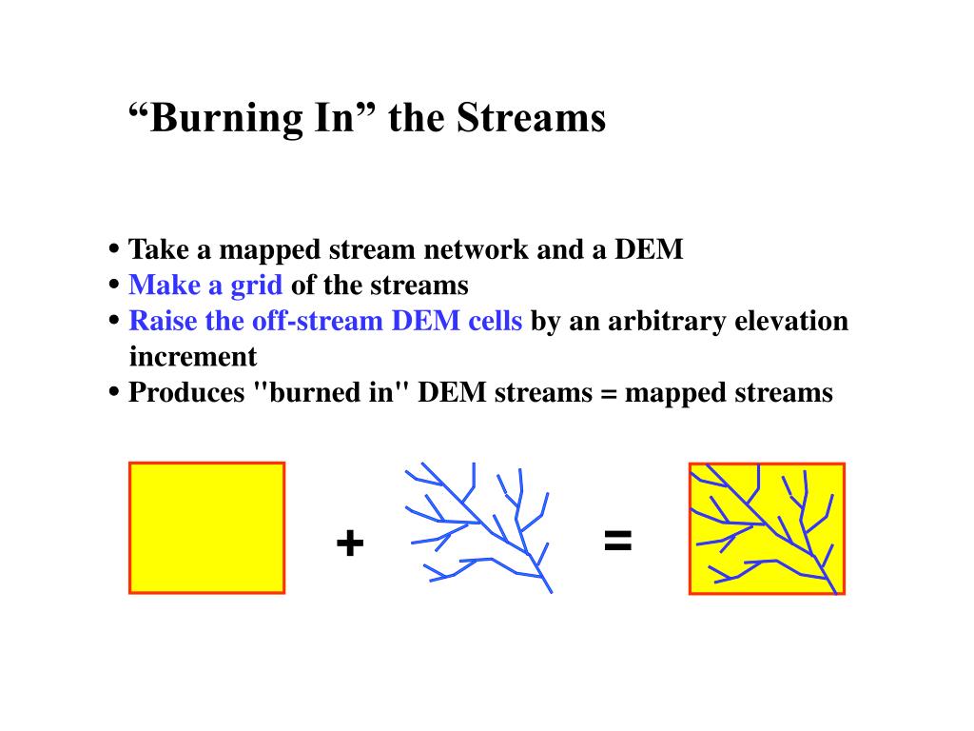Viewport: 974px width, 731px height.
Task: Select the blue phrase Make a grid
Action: [x=205, y=285]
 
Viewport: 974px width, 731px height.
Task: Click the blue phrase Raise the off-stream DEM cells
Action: [x=325, y=321]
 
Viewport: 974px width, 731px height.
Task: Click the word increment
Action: [x=192, y=357]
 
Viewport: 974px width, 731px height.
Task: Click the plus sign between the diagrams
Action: [x=349, y=543]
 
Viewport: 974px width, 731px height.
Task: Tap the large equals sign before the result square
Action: [x=617, y=542]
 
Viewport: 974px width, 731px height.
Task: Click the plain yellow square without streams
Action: [x=206, y=527]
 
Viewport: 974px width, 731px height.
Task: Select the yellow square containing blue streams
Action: [x=767, y=528]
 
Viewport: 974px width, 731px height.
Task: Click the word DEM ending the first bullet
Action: [x=649, y=249]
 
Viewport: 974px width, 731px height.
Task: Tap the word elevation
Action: [x=791, y=321]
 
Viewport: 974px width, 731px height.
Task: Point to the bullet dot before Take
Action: [x=114, y=249]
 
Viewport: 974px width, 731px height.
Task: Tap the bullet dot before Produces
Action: [x=114, y=392]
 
